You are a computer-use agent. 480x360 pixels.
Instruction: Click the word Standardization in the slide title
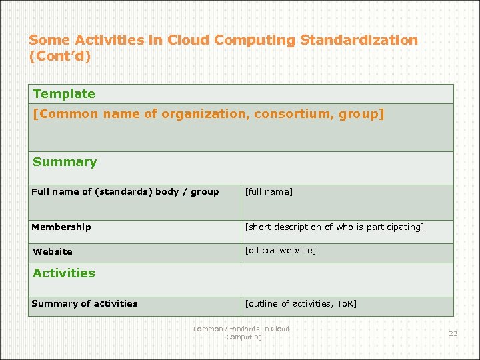pos(359,40)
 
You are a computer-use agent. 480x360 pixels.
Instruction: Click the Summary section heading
pos(65,162)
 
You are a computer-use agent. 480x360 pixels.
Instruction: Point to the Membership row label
pos(61,227)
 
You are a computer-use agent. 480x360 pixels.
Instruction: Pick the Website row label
pos(53,252)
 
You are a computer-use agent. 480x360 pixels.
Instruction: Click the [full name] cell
pos(269,192)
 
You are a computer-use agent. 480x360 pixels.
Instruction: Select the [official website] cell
pos(281,251)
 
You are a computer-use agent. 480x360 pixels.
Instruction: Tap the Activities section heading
pos(64,273)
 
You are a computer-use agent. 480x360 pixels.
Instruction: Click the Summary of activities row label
pos(85,304)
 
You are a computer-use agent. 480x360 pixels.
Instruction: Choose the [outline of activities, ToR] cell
pos(301,304)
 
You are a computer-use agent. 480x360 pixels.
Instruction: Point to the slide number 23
pos(453,333)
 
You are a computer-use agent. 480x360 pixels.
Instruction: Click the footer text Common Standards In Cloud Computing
pos(241,333)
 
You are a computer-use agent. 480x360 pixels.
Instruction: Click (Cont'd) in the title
pos(60,56)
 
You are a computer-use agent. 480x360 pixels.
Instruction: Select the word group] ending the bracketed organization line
pos(361,114)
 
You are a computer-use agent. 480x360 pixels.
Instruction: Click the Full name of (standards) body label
pos(125,192)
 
